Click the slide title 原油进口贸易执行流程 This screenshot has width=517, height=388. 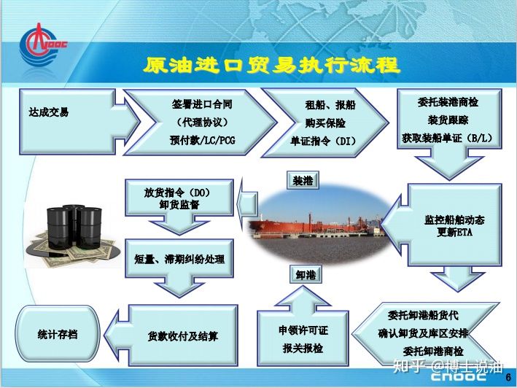(x=272, y=65)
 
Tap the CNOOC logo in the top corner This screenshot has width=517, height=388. (x=42, y=45)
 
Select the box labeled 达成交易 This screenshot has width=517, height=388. (x=67, y=121)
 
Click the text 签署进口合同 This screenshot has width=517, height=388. (x=202, y=104)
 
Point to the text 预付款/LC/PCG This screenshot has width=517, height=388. (x=203, y=141)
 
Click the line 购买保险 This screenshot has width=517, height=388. (x=325, y=123)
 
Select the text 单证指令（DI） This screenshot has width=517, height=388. (x=323, y=141)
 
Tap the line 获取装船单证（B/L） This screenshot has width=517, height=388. (x=447, y=138)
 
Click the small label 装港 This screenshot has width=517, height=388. (x=303, y=180)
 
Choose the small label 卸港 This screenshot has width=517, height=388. (x=306, y=275)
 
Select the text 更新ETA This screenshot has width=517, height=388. (x=454, y=233)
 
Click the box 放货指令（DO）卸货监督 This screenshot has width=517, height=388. (x=179, y=198)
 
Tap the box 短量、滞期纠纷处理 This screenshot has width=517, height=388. (x=179, y=258)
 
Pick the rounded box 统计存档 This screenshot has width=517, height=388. (x=58, y=334)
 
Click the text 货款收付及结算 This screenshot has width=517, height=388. (x=183, y=336)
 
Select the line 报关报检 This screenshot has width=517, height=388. (x=303, y=348)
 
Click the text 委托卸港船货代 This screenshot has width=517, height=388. (x=423, y=315)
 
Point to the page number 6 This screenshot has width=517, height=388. (x=508, y=377)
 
